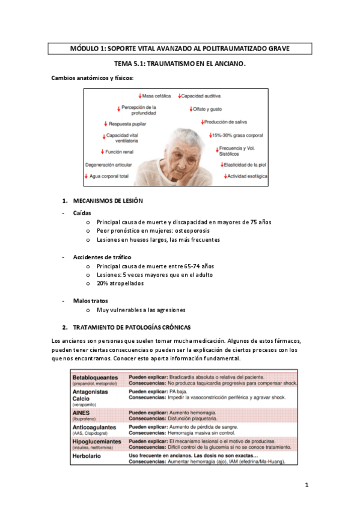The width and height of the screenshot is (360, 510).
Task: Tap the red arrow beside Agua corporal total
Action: [x=87, y=176]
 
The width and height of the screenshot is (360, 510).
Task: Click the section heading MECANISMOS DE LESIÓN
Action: [x=108, y=200]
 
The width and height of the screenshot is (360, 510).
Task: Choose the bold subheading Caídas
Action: [x=81, y=213]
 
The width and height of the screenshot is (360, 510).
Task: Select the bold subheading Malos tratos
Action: [x=87, y=301]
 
